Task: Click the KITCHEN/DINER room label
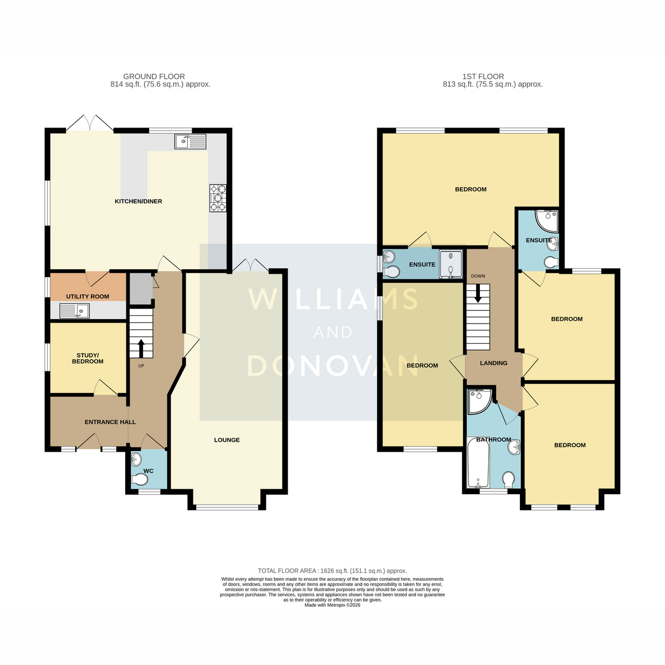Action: (138, 201)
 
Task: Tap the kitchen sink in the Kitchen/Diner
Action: (190, 141)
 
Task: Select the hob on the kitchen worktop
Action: (218, 198)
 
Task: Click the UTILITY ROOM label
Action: (88, 296)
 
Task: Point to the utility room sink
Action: (75, 310)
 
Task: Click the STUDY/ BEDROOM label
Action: (88, 358)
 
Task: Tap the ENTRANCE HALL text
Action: (110, 422)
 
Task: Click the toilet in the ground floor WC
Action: (140, 479)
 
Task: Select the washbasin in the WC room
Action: (136, 458)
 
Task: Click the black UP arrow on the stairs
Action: (141, 348)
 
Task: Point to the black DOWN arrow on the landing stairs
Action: (478, 294)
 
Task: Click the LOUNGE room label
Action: (227, 440)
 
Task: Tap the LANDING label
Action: (494, 363)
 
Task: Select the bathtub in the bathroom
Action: (478, 462)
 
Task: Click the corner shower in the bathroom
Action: (479, 401)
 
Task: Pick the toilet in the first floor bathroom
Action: (508, 480)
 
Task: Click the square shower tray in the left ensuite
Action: (451, 264)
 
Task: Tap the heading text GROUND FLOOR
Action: (154, 76)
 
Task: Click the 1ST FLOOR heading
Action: (483, 76)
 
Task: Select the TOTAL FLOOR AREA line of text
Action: (332, 571)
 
